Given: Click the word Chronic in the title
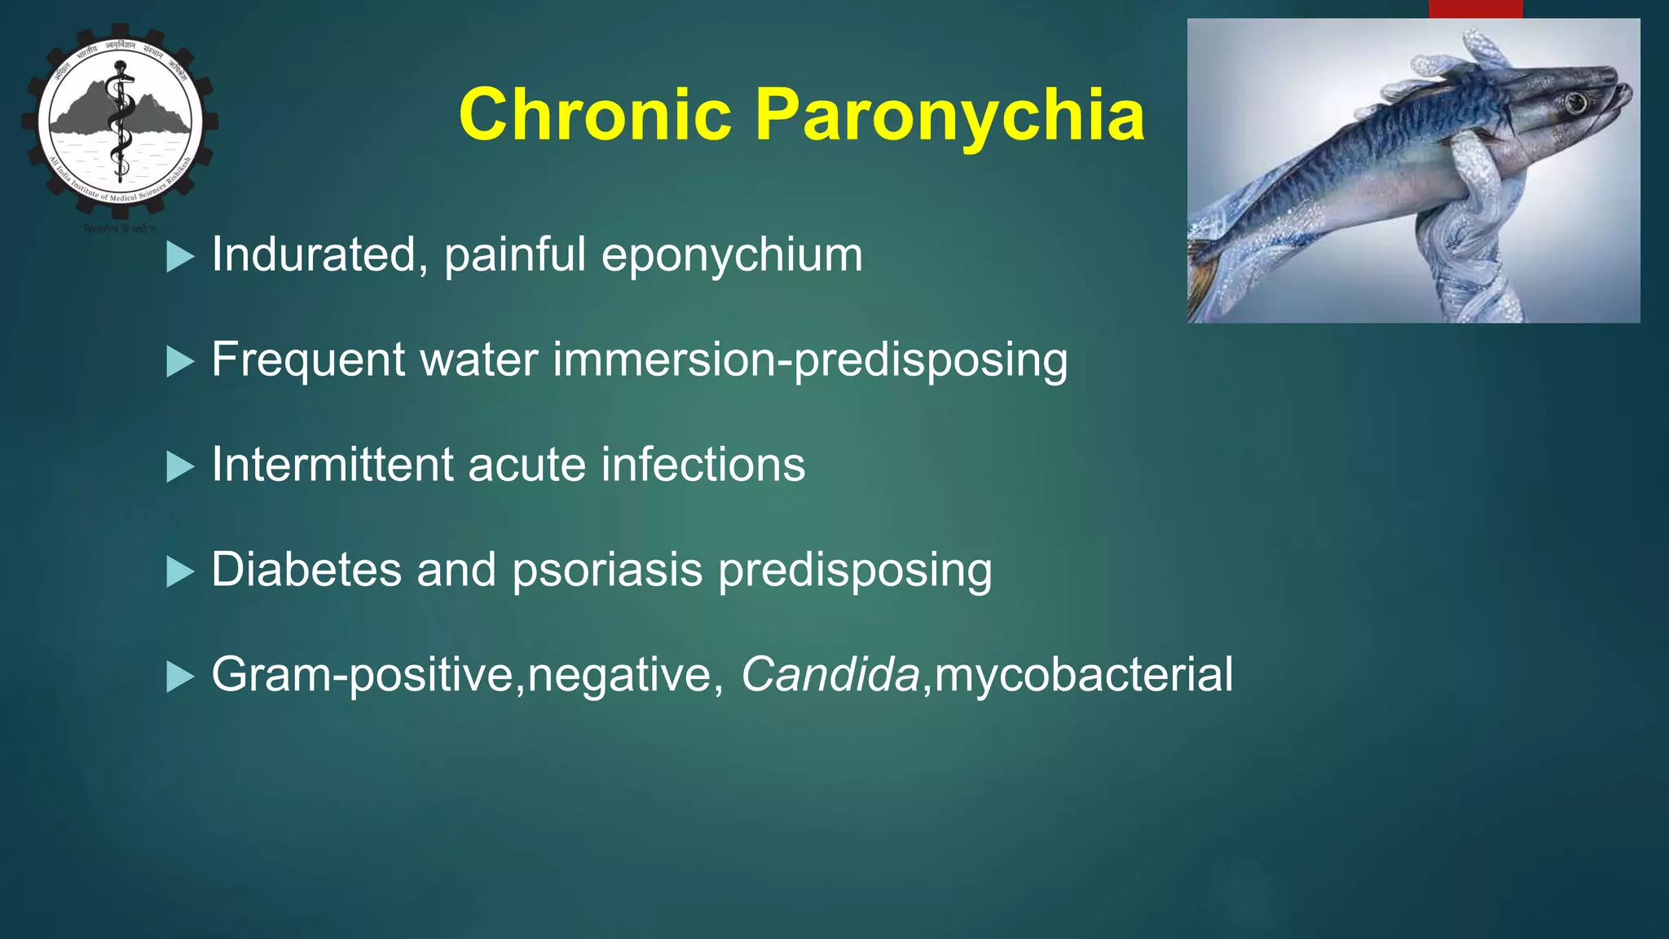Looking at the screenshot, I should [x=595, y=115].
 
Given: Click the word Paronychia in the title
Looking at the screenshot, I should [x=949, y=115].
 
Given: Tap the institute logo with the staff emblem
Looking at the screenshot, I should [x=120, y=122].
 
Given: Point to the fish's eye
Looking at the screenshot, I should [x=1575, y=103].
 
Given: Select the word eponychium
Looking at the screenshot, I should [x=731, y=256].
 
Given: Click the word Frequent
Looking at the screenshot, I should [x=308, y=359].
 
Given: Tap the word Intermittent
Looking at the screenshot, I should [x=332, y=465].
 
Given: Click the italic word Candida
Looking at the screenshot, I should [x=830, y=675].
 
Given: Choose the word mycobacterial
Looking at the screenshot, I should [x=1084, y=677].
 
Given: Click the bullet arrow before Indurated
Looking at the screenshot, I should [x=179, y=257].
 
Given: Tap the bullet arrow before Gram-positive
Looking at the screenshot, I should [x=179, y=677].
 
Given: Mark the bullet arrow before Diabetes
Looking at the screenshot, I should [x=179, y=572].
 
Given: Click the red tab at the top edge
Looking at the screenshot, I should [x=1475, y=8].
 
